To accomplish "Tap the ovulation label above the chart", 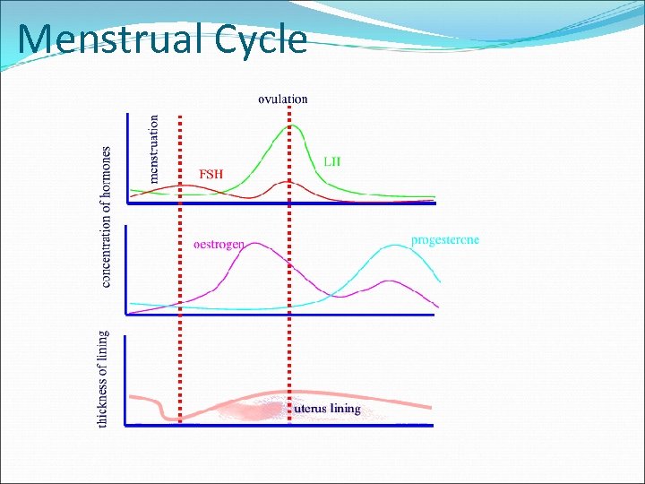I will click(282, 99).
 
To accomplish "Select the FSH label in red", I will click(211, 173).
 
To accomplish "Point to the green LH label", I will click(331, 161).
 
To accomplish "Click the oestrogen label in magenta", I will click(219, 243).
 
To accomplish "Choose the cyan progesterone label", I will click(444, 240).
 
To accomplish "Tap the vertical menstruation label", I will click(154, 148).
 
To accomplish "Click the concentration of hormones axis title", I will click(107, 217).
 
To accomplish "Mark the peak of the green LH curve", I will click(288, 125).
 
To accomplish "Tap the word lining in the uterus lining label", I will click(343, 409).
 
